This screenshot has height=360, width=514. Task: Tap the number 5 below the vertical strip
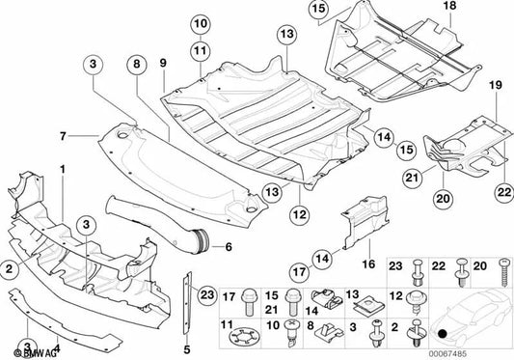[x=185, y=348]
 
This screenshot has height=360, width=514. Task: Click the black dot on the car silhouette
[x=443, y=334]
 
